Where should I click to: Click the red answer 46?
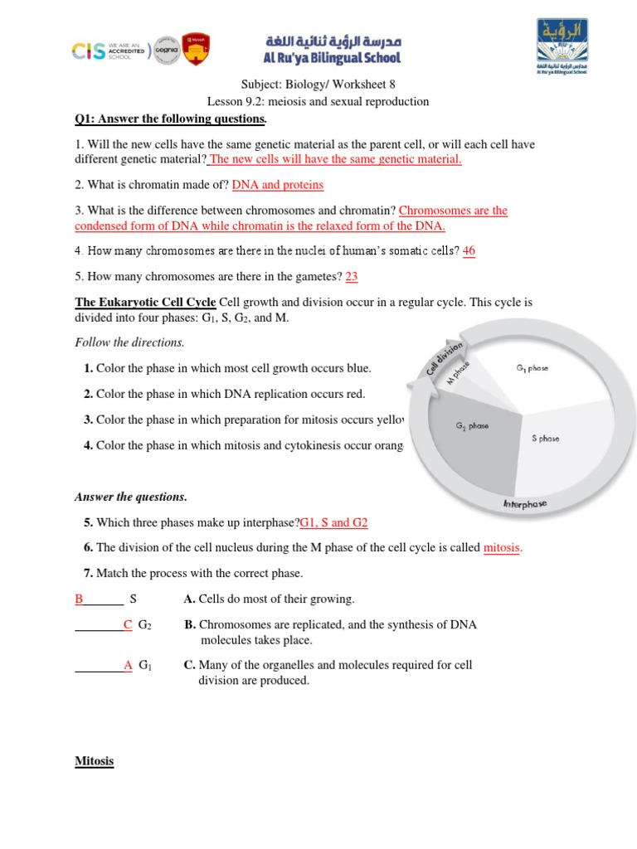[469, 250]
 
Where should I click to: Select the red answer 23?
[351, 277]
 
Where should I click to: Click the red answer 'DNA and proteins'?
[278, 185]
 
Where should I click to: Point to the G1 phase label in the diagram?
[532, 367]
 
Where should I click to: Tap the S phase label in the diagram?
[546, 439]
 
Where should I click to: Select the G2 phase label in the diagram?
[472, 426]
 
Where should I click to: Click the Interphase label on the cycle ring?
[524, 504]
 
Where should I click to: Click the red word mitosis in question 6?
[502, 547]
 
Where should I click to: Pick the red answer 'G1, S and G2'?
[333, 523]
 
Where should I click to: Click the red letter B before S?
[80, 599]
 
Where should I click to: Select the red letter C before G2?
[128, 624]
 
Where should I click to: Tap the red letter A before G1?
[128, 665]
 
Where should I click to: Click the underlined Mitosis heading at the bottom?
[94, 761]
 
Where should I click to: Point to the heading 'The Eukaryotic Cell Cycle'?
[145, 302]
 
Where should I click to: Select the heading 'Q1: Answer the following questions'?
[170, 119]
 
